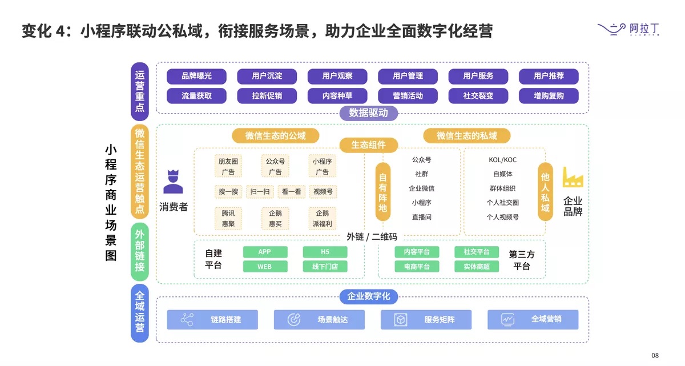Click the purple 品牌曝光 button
pyautogui.click(x=196, y=76)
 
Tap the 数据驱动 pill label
pyautogui.click(x=368, y=113)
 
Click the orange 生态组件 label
pyautogui.click(x=368, y=145)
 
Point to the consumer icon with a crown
pyautogui.click(x=173, y=182)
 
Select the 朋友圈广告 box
pyautogui.click(x=228, y=166)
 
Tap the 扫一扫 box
pyautogui.click(x=260, y=192)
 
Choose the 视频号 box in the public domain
pyautogui.click(x=323, y=192)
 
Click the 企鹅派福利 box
pyautogui.click(x=323, y=218)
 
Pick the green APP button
pyautogui.click(x=264, y=252)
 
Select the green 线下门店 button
pyautogui.click(x=325, y=267)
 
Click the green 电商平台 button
pyautogui.click(x=417, y=267)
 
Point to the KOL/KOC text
pyautogui.click(x=502, y=160)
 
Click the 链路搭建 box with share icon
pyautogui.click(x=212, y=320)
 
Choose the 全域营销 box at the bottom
pyautogui.click(x=533, y=320)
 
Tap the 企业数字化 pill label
pyautogui.click(x=369, y=296)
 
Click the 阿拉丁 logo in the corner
pyautogui.click(x=628, y=29)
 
